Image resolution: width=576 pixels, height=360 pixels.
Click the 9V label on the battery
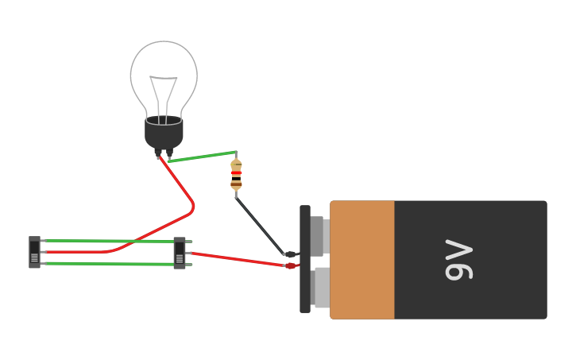tap(459, 260)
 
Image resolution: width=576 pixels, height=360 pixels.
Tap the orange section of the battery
tap(362, 260)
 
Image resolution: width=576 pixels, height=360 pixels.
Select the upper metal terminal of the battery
tap(319, 235)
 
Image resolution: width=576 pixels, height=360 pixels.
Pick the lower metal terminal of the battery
tap(321, 288)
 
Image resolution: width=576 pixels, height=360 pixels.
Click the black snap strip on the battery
tap(305, 259)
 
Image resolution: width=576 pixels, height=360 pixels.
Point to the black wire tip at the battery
tap(290, 254)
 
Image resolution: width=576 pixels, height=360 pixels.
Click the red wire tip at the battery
tap(290, 265)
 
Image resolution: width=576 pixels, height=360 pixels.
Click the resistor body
tap(236, 175)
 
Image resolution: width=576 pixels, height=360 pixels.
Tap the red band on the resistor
tap(236, 172)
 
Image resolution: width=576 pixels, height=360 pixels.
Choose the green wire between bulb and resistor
tap(203, 157)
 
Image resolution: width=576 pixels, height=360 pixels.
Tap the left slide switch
tap(34, 252)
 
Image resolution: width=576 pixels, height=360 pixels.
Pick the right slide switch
tap(180, 253)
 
